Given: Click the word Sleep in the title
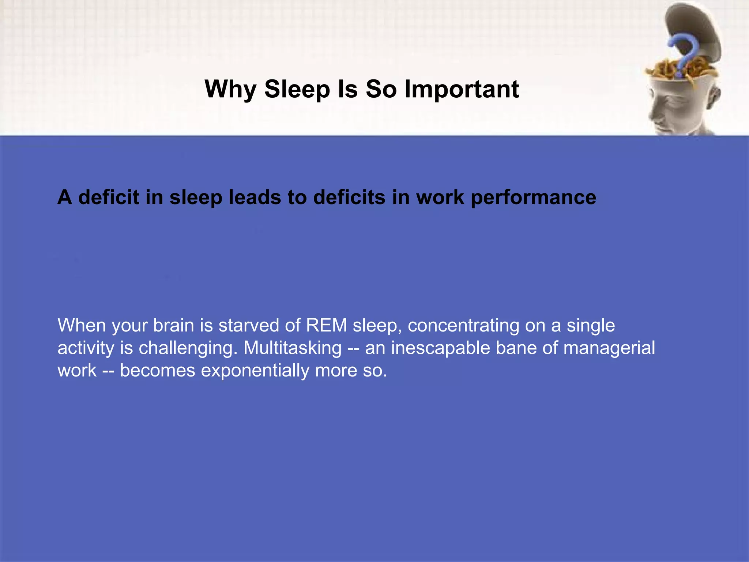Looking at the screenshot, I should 297,89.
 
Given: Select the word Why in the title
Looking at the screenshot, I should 230,89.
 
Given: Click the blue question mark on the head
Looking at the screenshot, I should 681,55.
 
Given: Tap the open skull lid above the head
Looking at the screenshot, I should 691,26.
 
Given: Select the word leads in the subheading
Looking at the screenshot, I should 255,198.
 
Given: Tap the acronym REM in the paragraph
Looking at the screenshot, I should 327,325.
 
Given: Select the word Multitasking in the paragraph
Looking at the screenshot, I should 293,348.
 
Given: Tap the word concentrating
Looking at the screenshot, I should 463,325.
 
